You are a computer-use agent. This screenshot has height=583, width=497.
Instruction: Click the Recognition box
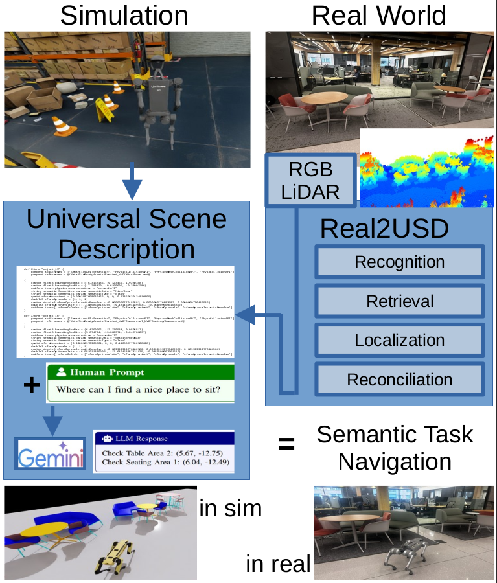tap(399, 262)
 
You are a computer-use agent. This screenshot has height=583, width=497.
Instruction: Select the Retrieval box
tap(399, 301)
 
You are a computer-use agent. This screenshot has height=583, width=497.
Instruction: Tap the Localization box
tap(399, 340)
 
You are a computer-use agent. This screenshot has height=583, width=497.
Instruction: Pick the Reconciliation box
tap(399, 379)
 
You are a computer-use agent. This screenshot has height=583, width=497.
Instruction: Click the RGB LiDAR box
tap(310, 180)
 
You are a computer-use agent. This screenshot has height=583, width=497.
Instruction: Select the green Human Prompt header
tap(139, 372)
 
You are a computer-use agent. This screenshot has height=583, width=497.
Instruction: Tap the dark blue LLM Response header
tap(163, 439)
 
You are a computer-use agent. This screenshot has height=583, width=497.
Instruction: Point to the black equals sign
tap(286, 444)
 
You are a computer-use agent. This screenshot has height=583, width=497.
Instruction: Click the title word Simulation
tap(124, 16)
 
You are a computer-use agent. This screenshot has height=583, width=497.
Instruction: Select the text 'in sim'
tap(230, 508)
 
